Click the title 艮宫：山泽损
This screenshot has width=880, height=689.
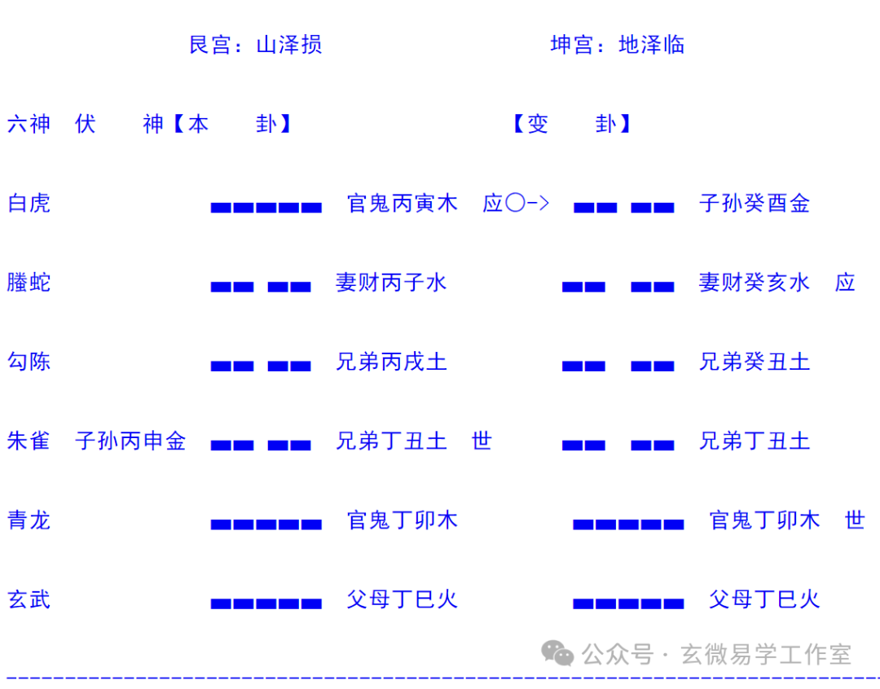(x=255, y=45)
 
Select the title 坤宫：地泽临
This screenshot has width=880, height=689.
(x=618, y=45)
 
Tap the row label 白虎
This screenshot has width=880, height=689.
(x=29, y=203)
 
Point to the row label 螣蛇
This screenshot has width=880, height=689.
(x=29, y=283)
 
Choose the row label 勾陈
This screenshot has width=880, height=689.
(x=29, y=362)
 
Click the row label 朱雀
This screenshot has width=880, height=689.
(x=29, y=441)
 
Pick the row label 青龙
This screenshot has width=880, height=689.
(x=29, y=520)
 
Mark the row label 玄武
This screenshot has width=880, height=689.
(x=29, y=599)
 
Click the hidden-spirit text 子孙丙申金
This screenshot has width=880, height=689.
(x=130, y=441)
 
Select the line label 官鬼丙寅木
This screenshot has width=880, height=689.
(x=403, y=203)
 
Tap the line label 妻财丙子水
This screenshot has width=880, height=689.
(x=391, y=283)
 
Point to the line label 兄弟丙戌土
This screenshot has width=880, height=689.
(x=391, y=362)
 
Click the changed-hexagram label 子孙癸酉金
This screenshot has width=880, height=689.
(x=755, y=203)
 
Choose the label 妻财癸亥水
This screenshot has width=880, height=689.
(x=755, y=283)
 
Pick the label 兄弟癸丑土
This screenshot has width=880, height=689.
(x=755, y=362)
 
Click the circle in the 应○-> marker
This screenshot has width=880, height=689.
(x=515, y=203)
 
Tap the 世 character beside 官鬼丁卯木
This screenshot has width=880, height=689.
(x=855, y=520)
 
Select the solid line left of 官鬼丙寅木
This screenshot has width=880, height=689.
(x=266, y=208)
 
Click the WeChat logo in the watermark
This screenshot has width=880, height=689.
(x=557, y=654)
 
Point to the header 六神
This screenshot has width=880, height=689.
(x=29, y=124)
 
